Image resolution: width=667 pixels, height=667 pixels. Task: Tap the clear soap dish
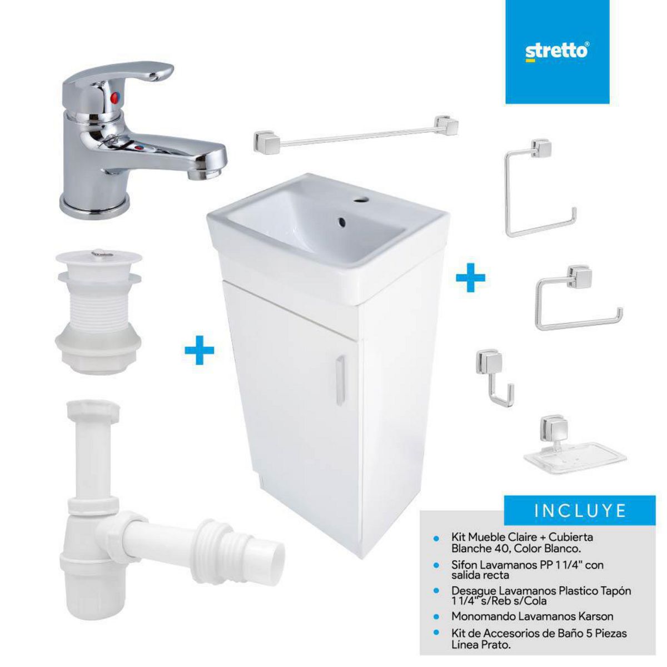click(x=573, y=453)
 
